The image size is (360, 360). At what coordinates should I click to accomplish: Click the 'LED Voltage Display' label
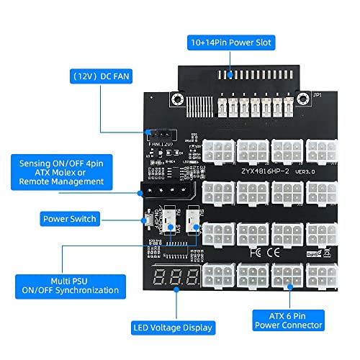click(173, 328)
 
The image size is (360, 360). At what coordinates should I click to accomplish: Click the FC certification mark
click(276, 253)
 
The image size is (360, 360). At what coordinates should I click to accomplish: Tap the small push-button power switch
click(148, 221)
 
